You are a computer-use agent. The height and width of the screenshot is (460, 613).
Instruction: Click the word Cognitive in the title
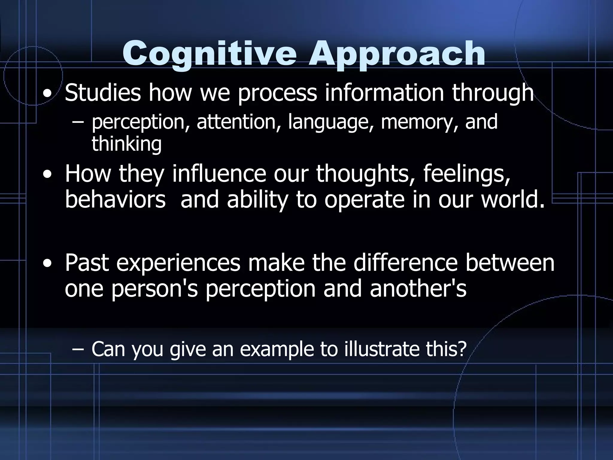click(210, 54)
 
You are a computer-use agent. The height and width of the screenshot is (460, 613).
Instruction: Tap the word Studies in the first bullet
click(103, 93)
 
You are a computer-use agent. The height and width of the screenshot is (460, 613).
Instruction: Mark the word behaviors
click(115, 200)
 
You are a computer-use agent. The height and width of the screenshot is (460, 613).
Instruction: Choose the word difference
click(406, 263)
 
